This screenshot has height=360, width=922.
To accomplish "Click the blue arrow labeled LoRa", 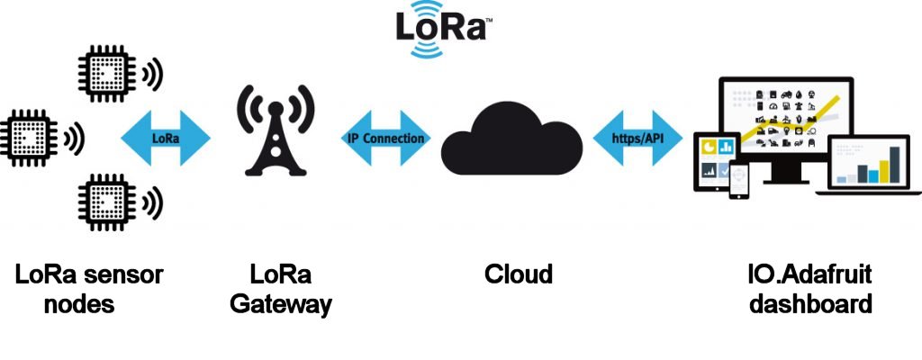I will [x=165, y=139].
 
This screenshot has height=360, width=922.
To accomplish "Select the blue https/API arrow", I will [x=634, y=139].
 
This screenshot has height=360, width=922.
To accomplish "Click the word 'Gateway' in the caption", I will [x=280, y=304].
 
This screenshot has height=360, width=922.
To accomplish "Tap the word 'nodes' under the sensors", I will [x=79, y=304].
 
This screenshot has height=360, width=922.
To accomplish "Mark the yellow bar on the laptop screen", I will [x=895, y=166].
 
